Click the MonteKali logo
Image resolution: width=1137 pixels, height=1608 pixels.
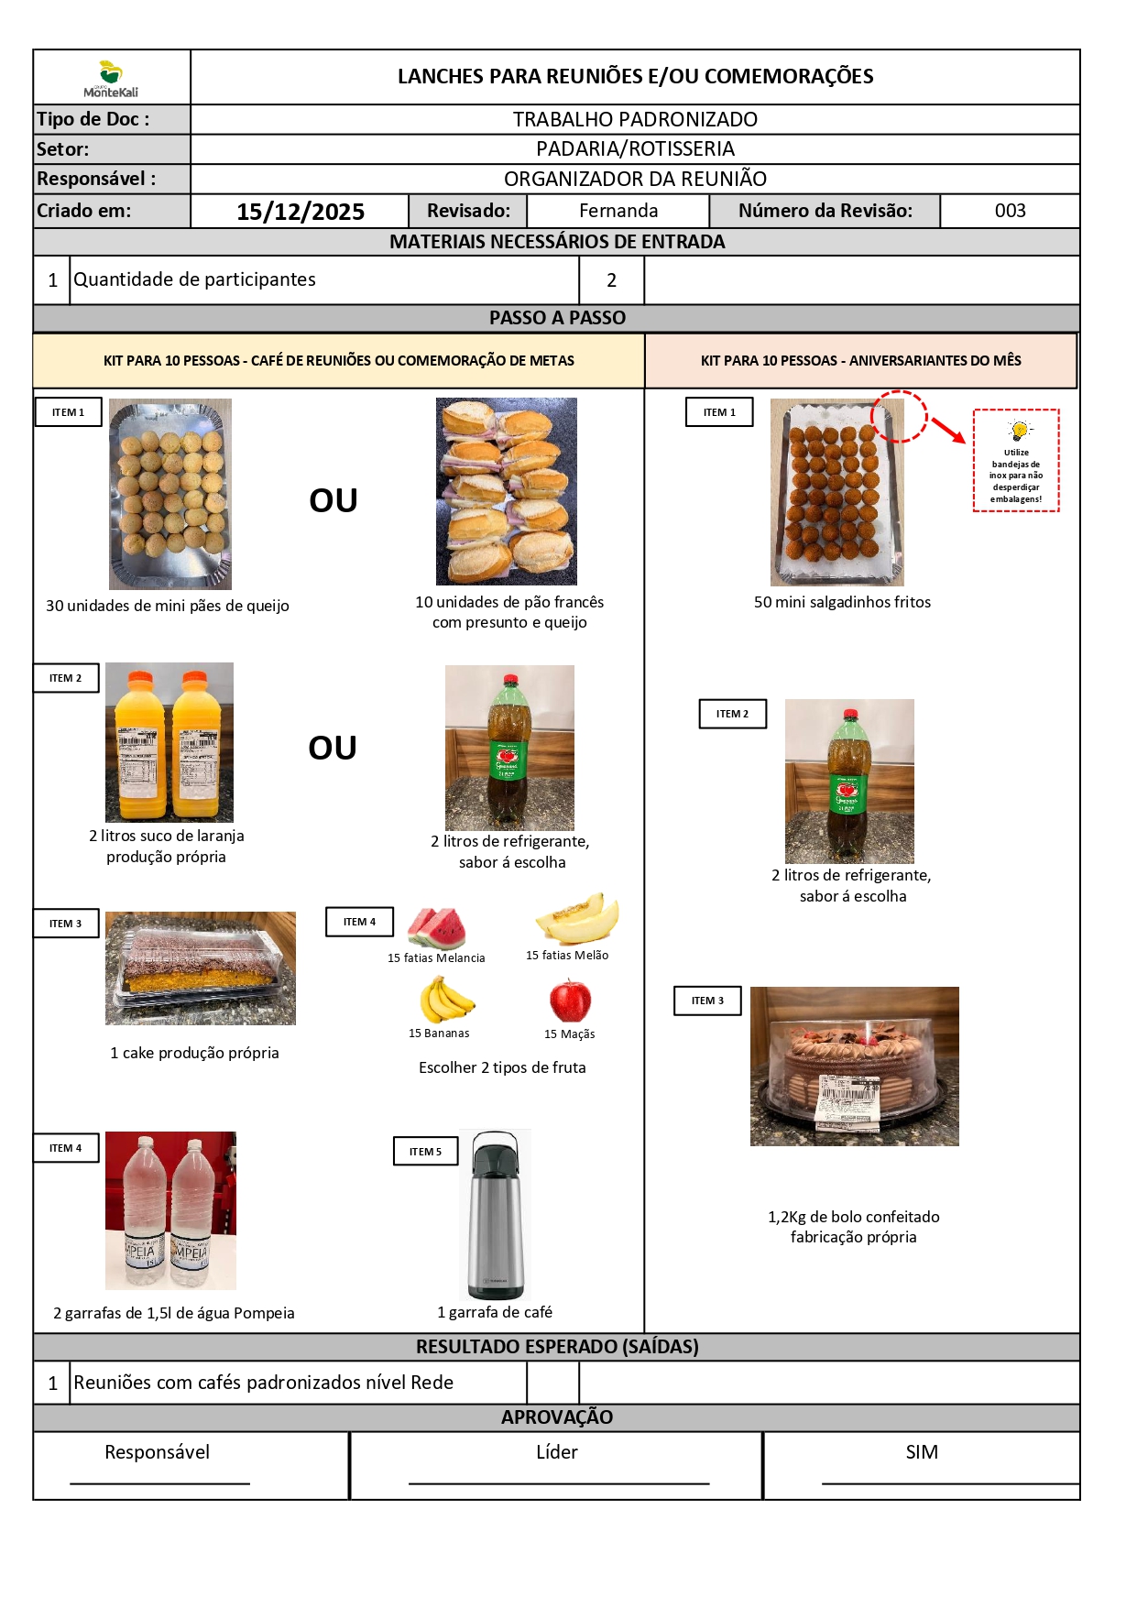(x=111, y=79)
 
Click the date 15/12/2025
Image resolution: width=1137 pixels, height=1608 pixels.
(x=301, y=212)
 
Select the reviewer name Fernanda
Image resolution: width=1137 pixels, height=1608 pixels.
(x=618, y=211)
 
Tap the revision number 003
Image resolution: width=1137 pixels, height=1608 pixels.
(x=1010, y=211)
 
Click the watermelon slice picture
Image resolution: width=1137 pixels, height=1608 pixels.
(x=436, y=927)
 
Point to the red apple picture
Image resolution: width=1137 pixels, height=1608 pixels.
(x=570, y=1000)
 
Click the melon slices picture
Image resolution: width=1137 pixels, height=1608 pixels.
(x=577, y=919)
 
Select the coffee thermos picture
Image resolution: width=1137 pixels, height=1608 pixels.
(x=495, y=1214)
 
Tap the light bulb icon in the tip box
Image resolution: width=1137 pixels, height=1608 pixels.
(x=1018, y=430)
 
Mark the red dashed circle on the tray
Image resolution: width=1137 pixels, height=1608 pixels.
(x=899, y=417)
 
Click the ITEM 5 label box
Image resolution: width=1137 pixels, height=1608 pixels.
(x=425, y=1152)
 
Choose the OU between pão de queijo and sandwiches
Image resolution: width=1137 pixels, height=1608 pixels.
(x=333, y=500)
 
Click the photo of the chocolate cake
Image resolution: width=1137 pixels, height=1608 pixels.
(x=854, y=1066)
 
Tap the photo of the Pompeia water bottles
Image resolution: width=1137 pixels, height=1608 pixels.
(x=170, y=1210)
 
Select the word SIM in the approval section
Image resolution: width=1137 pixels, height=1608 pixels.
(x=922, y=1452)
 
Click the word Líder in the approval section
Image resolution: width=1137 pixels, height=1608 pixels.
(x=557, y=1452)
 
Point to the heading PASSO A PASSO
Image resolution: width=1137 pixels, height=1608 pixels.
(x=557, y=318)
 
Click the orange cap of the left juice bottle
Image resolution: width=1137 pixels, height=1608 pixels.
(x=140, y=681)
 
